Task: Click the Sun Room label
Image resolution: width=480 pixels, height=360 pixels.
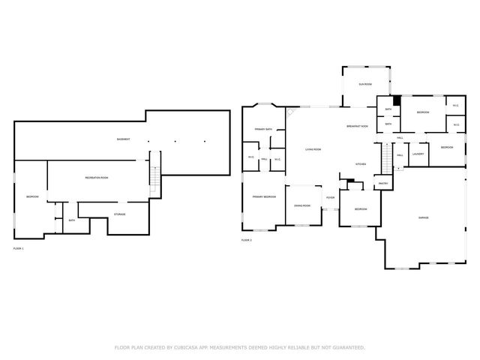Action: pyautogui.click(x=365, y=85)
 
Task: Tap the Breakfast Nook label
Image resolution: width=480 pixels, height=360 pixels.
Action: pyautogui.click(x=357, y=126)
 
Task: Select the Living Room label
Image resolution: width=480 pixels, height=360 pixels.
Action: pyautogui.click(x=313, y=150)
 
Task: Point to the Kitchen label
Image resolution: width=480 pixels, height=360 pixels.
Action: pyautogui.click(x=360, y=163)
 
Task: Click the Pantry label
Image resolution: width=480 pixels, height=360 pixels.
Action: pyautogui.click(x=382, y=183)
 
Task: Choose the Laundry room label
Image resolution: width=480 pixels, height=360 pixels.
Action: pyautogui.click(x=418, y=154)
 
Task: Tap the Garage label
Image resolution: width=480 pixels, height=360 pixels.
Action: pyautogui.click(x=424, y=217)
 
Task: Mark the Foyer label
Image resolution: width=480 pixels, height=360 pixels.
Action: pyautogui.click(x=330, y=198)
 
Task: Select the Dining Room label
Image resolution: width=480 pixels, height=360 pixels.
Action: pyautogui.click(x=303, y=205)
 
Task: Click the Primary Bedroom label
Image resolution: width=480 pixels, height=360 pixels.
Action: pyautogui.click(x=264, y=196)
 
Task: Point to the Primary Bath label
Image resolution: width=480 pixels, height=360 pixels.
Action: pyautogui.click(x=262, y=129)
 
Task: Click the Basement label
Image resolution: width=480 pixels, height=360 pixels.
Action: pyautogui.click(x=123, y=139)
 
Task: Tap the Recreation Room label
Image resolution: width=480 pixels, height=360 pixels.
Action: pyautogui.click(x=96, y=177)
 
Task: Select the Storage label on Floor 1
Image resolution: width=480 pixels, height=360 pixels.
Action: pyautogui.click(x=119, y=214)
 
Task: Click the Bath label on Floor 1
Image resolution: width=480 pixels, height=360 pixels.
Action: pyautogui.click(x=71, y=220)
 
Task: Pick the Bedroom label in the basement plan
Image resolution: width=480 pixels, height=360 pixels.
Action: pyautogui.click(x=31, y=196)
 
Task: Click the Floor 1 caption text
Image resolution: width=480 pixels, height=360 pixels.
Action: pyautogui.click(x=19, y=248)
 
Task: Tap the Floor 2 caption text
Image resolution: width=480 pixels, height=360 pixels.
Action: pyautogui.click(x=246, y=240)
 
